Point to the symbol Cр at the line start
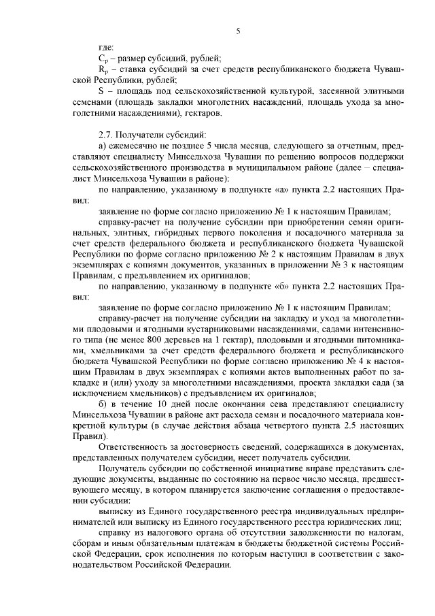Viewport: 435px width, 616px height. pyautogui.click(x=103, y=61)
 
